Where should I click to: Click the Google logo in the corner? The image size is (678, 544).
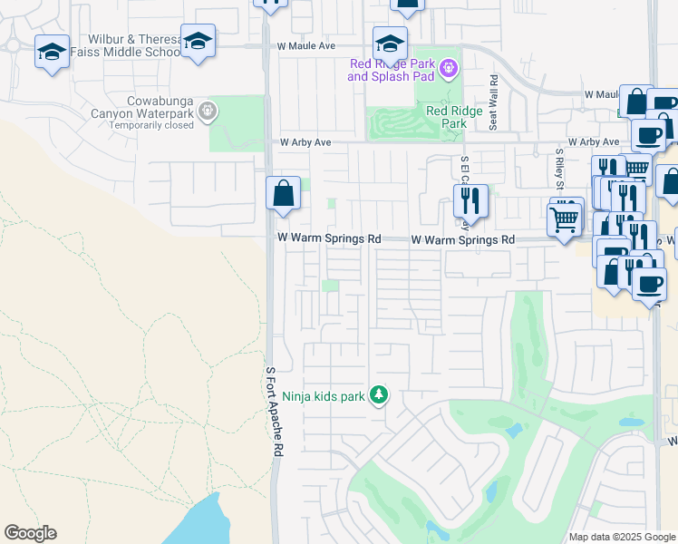point(30,533)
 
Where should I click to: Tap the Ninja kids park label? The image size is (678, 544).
point(323,395)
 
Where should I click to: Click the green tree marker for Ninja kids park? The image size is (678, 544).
point(379,395)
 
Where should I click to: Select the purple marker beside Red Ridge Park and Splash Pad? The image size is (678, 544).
point(447,68)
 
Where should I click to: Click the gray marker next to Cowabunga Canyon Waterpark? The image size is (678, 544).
point(208,111)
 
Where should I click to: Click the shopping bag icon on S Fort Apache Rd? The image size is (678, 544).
point(283,193)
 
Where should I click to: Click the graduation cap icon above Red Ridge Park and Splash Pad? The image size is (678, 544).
point(391,43)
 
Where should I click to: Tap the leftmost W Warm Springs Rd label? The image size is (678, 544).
point(329,238)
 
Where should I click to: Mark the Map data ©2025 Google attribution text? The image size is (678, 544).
point(623,537)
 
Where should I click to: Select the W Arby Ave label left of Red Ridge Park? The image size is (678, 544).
point(305,142)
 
